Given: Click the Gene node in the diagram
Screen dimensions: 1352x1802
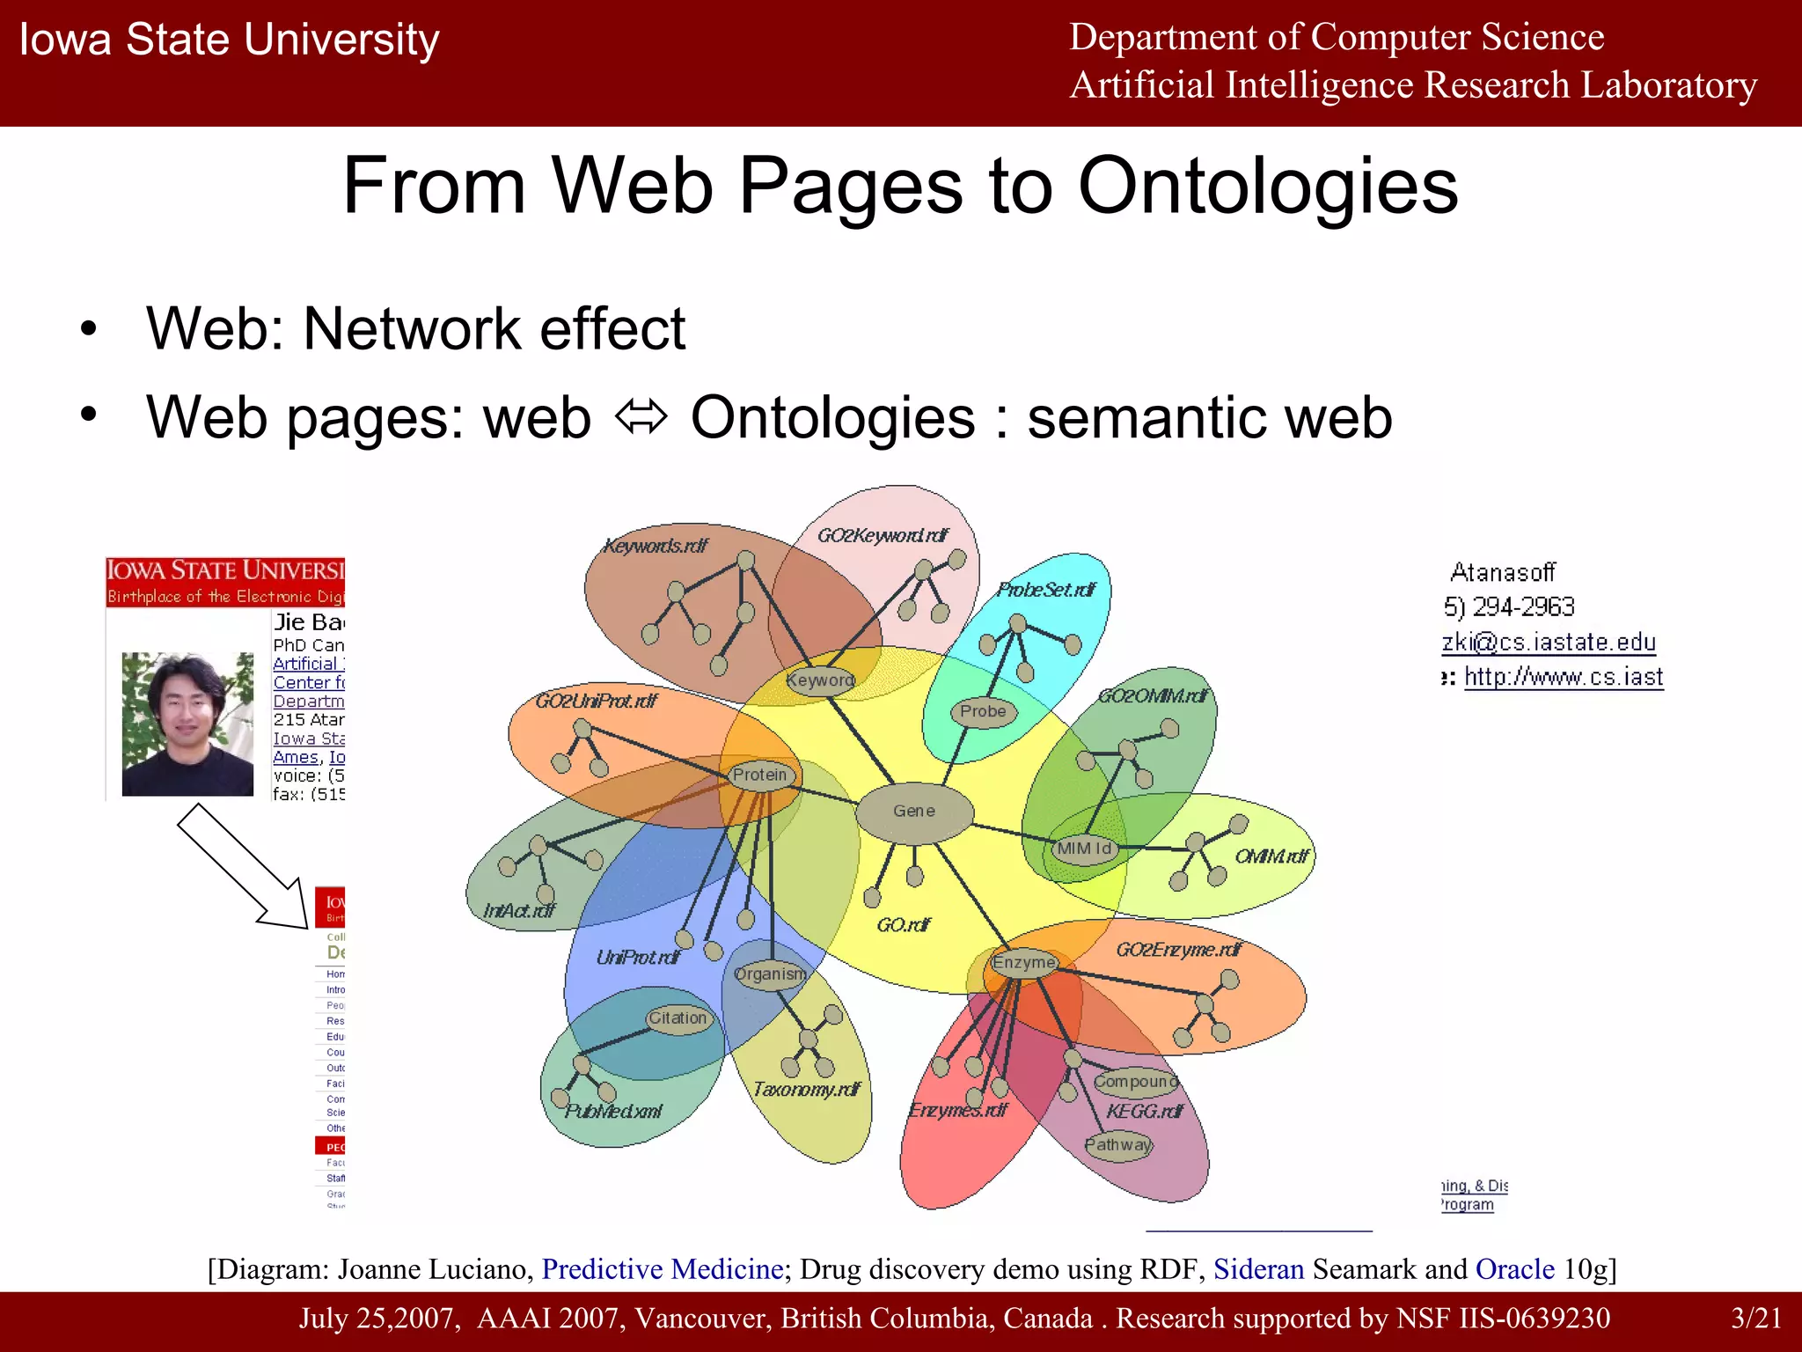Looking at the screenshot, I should (914, 812).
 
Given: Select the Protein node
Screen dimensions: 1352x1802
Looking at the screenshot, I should (760, 775).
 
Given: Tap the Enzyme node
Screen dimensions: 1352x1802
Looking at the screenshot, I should (1023, 963).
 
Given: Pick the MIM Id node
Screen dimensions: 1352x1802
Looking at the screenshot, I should (1084, 849).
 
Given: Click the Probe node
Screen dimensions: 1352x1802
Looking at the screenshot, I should (983, 711).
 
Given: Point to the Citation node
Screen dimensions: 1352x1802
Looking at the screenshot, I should (678, 1018).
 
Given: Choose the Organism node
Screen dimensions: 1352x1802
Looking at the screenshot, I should (770, 974).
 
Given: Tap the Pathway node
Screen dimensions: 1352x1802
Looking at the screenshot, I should (1118, 1145).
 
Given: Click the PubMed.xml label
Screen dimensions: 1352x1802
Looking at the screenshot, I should (613, 1112).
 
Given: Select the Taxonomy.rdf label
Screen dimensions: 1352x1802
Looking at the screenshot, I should (806, 1090).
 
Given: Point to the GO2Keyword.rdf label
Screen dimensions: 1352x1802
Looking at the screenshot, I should (883, 535).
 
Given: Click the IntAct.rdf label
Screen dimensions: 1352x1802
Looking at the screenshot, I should (519, 911).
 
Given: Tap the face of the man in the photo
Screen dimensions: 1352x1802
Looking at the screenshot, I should (187, 709).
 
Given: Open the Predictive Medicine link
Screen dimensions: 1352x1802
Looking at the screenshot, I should (663, 1269).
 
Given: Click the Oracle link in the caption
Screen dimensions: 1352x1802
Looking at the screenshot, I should (1514, 1269).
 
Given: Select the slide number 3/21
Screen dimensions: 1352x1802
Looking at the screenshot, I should (1755, 1319).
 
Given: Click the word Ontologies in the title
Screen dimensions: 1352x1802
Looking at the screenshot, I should (1268, 186).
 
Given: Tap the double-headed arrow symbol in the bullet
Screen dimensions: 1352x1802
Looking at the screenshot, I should (641, 417).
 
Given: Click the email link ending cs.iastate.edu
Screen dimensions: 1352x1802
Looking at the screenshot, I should (1549, 643).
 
